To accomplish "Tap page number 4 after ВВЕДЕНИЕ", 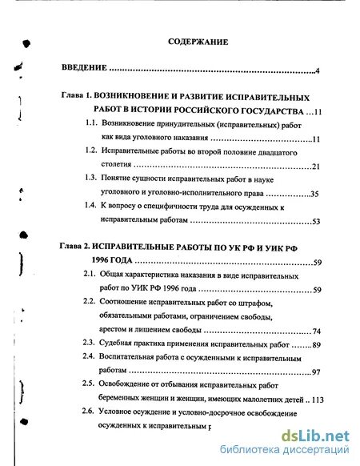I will point(318,72).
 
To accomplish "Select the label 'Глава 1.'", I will point(79,94).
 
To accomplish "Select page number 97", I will point(316,372).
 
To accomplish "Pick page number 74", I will point(316,330).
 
